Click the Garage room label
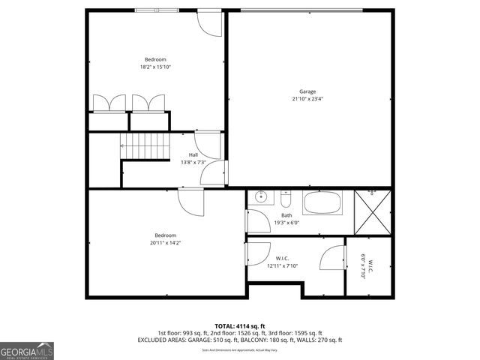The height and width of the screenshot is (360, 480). pyautogui.click(x=308, y=92)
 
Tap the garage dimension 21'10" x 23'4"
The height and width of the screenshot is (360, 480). pyautogui.click(x=308, y=99)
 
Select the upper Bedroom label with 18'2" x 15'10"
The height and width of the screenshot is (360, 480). pyautogui.click(x=155, y=59)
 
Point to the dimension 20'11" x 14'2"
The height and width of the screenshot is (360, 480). pyautogui.click(x=165, y=242)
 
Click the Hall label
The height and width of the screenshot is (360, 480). pyautogui.click(x=193, y=154)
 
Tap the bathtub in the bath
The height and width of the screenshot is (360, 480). pyautogui.click(x=322, y=202)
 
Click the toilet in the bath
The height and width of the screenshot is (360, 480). pyautogui.click(x=286, y=199)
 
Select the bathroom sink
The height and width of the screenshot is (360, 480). pyautogui.click(x=261, y=198)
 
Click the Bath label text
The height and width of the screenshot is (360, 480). pyautogui.click(x=286, y=215)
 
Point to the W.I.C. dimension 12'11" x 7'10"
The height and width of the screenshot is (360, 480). pyautogui.click(x=283, y=265)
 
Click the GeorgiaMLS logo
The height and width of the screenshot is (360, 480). pyautogui.click(x=27, y=350)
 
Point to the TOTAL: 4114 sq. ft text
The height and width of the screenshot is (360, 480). pyautogui.click(x=239, y=325)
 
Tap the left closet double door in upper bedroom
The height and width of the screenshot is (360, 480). pyautogui.click(x=108, y=103)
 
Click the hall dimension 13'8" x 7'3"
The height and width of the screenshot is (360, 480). pyautogui.click(x=193, y=162)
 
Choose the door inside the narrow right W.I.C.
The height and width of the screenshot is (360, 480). pyautogui.click(x=331, y=259)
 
